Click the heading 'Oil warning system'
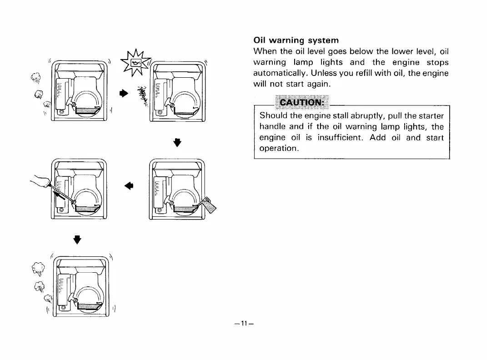[296, 40]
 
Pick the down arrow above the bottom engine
[77, 239]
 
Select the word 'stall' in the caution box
[321, 116]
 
